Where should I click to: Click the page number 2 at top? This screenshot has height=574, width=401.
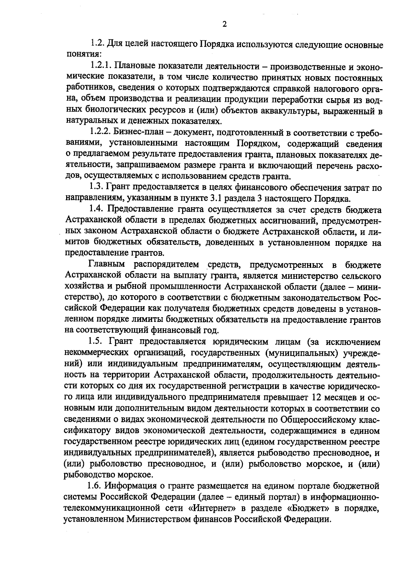pos(224,24)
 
